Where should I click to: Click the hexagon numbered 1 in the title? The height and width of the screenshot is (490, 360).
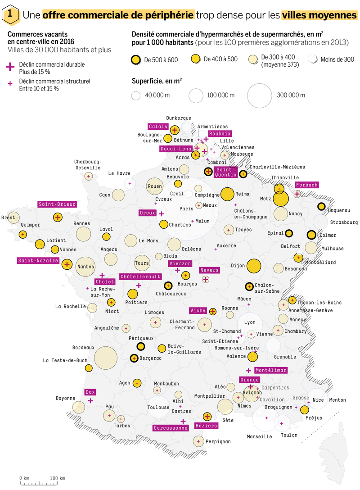pyautogui.click(x=10, y=14)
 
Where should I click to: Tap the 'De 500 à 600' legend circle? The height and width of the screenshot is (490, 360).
pyautogui.click(x=136, y=60)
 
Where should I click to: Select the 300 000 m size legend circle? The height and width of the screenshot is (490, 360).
pyautogui.click(x=260, y=95)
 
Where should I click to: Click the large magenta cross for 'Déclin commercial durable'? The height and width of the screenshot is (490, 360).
pyautogui.click(x=10, y=67)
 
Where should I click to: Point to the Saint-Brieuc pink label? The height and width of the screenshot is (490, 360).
pyautogui.click(x=57, y=204)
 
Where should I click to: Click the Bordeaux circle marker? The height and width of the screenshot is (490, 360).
pyautogui.click(x=106, y=358)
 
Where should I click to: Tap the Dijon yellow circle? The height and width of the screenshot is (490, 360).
pyautogui.click(x=253, y=266)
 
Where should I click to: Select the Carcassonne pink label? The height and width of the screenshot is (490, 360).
pyautogui.click(x=171, y=428)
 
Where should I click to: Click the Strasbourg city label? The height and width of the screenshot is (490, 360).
pyautogui.click(x=344, y=222)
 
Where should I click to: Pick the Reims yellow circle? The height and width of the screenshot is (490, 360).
pyautogui.click(x=227, y=194)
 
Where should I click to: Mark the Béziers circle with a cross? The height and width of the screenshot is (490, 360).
pyautogui.click(x=207, y=416)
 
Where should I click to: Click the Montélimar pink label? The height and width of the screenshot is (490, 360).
pyautogui.click(x=271, y=370)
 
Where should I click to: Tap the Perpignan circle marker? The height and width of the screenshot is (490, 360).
pyautogui.click(x=198, y=441)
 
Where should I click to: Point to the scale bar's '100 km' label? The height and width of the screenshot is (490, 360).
pyautogui.click(x=58, y=478)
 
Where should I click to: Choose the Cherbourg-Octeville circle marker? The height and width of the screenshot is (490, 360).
pyautogui.click(x=89, y=176)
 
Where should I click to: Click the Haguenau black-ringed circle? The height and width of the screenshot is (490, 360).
pyautogui.click(x=321, y=206)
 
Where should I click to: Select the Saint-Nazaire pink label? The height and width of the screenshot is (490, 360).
pyautogui.click(x=38, y=260)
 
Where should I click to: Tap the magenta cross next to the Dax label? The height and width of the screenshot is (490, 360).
pyautogui.click(x=90, y=401)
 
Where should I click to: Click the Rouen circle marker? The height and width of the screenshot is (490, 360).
pyautogui.click(x=155, y=186)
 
